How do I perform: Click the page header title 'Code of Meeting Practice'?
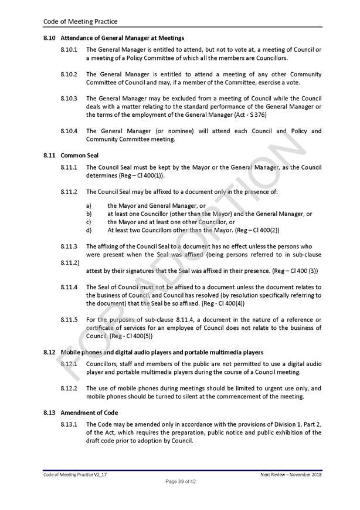[x=80, y=22]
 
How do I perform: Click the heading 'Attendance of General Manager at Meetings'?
[x=122, y=38]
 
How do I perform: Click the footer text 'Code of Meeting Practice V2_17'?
[x=75, y=474]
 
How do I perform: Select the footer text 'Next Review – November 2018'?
[x=291, y=474]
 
